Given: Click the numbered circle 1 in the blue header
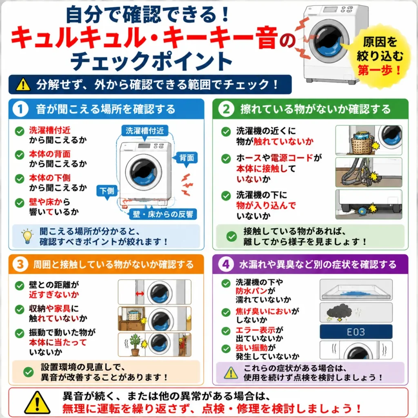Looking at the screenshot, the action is click(x=20, y=109).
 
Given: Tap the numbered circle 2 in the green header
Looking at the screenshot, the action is click(x=226, y=109).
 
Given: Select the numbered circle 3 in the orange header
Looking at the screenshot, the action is click(x=20, y=264).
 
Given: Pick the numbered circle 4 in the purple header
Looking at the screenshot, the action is click(x=226, y=264).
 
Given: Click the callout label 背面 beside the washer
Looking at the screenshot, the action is click(x=187, y=158).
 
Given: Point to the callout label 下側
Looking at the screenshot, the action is click(x=107, y=191).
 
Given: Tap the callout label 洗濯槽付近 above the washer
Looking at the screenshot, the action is click(x=145, y=131).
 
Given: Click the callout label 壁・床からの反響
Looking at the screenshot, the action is click(x=163, y=214).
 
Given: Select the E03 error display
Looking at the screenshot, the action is click(x=356, y=332).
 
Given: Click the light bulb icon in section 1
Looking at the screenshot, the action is click(x=27, y=236).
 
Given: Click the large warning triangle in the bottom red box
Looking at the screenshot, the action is click(x=37, y=403).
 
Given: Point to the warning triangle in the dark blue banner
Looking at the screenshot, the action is click(x=23, y=84).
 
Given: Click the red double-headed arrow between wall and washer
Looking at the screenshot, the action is click(x=140, y=293).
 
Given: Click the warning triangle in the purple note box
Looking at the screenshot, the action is click(x=231, y=373).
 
